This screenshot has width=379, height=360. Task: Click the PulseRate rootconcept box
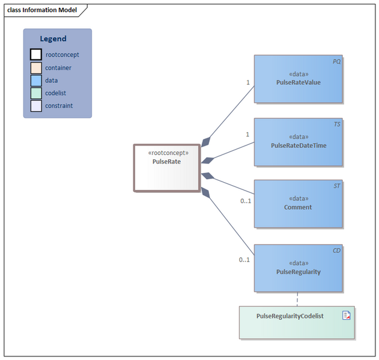pos(166,168)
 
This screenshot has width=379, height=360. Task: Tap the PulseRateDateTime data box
pos(298,142)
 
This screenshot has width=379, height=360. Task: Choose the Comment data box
pos(298,204)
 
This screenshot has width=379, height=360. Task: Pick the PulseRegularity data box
pos(298,268)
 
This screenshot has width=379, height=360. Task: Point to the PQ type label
pos(336,62)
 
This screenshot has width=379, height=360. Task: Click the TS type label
pos(336,124)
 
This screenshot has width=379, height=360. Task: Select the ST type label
pos(336,186)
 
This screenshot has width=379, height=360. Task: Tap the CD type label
pos(336,250)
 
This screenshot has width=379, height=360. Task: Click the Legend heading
pos(53,39)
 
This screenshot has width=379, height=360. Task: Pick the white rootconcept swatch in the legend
pos(36,55)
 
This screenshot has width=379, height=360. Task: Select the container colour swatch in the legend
pos(36,68)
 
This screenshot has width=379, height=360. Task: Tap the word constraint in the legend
pos(59,106)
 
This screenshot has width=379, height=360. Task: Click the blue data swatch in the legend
pos(36,81)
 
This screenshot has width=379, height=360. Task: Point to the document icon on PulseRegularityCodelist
pos(346,316)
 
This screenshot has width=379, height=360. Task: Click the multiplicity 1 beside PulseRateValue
pos(247,82)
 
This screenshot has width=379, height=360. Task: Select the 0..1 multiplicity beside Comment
pos(245,201)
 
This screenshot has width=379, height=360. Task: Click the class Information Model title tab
pos(42,10)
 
